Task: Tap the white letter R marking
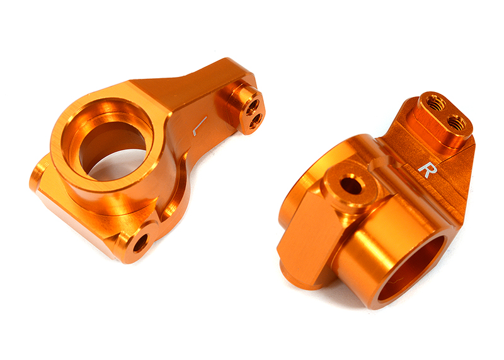427,170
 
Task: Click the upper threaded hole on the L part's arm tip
253,103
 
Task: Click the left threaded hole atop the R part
433,102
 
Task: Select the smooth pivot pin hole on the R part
350,186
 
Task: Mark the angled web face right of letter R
457,183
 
